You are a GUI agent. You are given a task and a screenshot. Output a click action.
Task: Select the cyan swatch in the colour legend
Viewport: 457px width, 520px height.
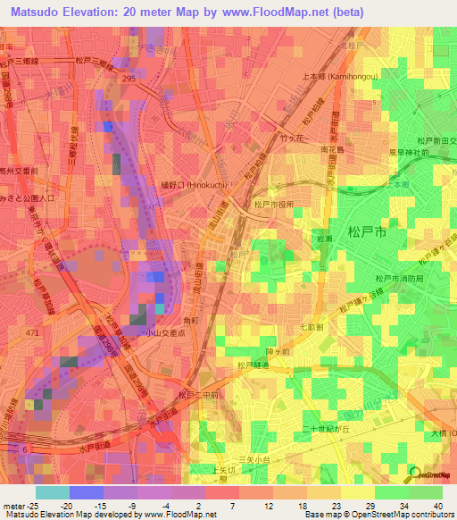[52, 491]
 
